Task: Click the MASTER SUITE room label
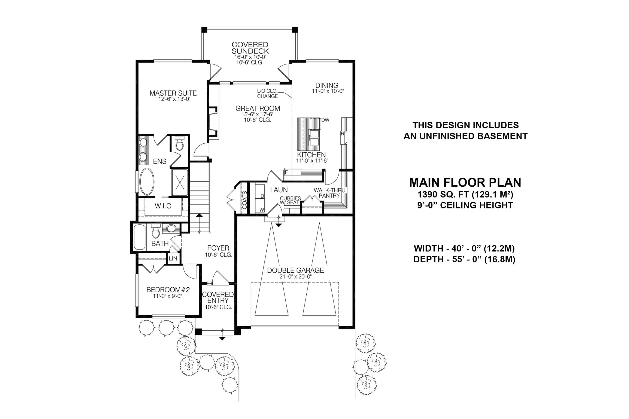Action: [173, 93]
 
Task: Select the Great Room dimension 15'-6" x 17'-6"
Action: [257, 114]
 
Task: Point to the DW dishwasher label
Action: [325, 120]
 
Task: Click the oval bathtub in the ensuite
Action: [146, 182]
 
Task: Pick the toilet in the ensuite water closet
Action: [179, 143]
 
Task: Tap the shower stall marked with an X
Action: [180, 183]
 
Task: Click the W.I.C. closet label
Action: [164, 206]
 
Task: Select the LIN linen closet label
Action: [173, 259]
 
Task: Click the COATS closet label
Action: [244, 200]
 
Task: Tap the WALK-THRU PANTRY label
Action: [329, 193]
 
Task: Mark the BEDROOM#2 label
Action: [168, 290]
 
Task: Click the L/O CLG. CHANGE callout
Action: [267, 94]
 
